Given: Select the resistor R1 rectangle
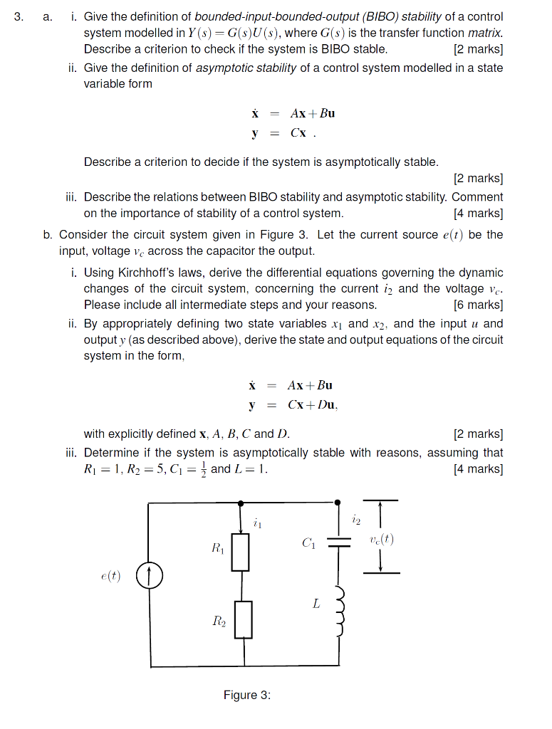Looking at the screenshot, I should (241, 552).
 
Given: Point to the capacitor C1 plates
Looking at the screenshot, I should (338, 542).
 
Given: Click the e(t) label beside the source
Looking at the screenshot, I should (110, 577).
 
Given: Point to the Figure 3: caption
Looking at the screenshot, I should (246, 695).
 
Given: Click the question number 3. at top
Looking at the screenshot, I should (19, 16).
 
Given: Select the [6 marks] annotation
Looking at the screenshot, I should (477, 305).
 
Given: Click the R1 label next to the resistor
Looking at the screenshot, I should (217, 548).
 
